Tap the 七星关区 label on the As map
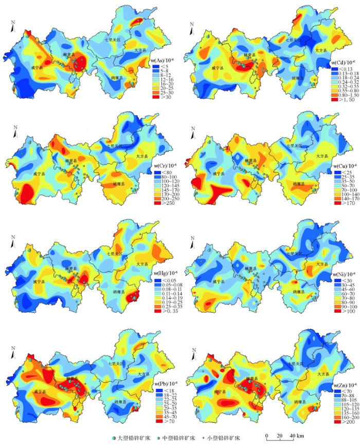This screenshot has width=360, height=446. pos(112,39)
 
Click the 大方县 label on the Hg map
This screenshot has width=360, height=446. pos(141,263)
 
